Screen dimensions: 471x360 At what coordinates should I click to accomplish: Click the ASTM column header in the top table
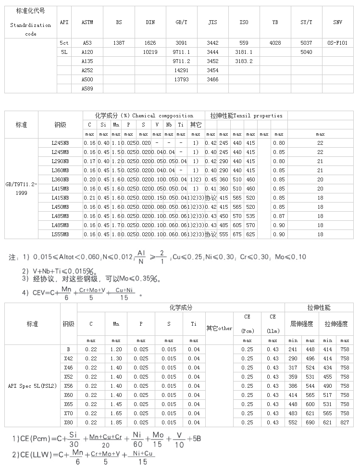point(87,23)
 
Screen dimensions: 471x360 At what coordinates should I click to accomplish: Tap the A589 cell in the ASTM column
point(87,89)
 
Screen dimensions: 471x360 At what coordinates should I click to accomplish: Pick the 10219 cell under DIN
point(150,52)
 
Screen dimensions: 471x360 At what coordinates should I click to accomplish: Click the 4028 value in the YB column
point(275,43)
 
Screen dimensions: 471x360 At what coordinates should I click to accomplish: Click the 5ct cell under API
point(64,43)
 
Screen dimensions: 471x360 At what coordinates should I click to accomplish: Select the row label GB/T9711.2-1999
point(20,189)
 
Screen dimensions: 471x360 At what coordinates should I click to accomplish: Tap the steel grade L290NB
point(60,161)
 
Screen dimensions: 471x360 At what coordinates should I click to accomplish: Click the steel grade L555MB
point(60,234)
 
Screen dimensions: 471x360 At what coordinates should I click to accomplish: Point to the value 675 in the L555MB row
point(237,234)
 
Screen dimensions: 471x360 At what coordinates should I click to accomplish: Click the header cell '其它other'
point(219,328)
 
